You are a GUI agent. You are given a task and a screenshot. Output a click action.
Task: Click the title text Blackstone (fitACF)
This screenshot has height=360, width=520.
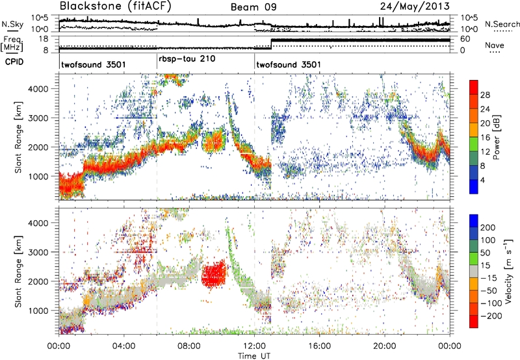(116, 6)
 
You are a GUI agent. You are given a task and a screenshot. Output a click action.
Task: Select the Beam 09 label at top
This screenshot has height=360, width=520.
(253, 7)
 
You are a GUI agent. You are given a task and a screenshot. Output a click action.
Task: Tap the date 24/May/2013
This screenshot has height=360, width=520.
(415, 6)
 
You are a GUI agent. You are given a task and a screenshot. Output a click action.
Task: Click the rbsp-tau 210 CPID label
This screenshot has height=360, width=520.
(187, 59)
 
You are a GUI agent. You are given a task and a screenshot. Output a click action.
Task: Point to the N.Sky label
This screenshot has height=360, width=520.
(12, 24)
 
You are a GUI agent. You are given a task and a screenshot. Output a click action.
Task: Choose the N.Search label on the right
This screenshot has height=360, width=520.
(502, 24)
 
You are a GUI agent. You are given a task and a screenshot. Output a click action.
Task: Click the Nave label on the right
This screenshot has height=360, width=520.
(495, 45)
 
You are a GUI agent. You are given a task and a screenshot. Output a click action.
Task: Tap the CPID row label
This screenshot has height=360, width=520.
(14, 62)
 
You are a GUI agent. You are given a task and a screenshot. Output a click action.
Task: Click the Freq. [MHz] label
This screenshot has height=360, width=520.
(12, 44)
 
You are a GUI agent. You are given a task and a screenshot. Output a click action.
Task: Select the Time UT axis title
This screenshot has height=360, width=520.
(254, 355)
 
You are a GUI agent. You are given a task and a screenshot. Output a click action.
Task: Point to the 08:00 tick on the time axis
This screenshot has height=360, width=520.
(189, 346)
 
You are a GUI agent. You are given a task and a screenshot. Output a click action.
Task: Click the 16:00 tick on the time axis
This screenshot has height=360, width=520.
(319, 346)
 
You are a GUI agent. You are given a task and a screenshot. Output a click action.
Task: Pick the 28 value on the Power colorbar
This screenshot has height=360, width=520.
(485, 95)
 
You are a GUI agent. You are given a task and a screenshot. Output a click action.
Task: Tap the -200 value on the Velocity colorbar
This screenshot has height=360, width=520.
(491, 316)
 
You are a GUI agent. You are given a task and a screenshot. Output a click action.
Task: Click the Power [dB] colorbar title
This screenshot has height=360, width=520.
(496, 137)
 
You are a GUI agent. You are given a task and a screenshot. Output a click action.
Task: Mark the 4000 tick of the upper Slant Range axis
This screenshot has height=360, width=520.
(39, 89)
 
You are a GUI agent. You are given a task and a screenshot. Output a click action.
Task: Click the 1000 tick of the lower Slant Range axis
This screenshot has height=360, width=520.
(39, 311)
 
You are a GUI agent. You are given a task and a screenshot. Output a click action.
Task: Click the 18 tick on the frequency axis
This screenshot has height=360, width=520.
(44, 39)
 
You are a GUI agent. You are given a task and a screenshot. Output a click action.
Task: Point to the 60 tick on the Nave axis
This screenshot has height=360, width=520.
(465, 39)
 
